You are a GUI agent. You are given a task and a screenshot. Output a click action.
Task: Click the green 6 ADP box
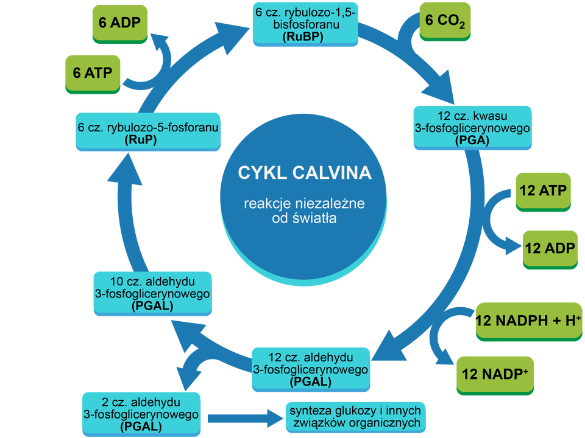(x=120, y=23)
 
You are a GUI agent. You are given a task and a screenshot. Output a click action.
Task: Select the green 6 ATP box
(x=93, y=72)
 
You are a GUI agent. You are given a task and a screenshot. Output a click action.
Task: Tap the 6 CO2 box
(x=445, y=21)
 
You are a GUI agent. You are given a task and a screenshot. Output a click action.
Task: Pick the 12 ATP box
(x=543, y=191)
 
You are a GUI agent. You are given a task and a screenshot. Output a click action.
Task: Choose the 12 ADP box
(x=550, y=248)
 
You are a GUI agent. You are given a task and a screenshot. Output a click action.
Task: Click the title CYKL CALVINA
(x=304, y=173)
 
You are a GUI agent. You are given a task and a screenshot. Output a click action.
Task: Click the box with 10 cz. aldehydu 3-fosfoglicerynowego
(x=152, y=293)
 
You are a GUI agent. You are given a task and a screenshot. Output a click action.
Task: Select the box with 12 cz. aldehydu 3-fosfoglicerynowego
(x=310, y=369)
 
